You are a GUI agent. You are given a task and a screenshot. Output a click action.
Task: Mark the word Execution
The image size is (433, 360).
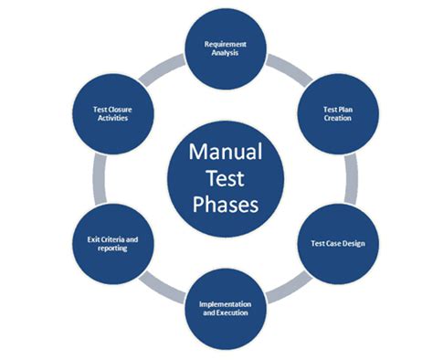point(224,312)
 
